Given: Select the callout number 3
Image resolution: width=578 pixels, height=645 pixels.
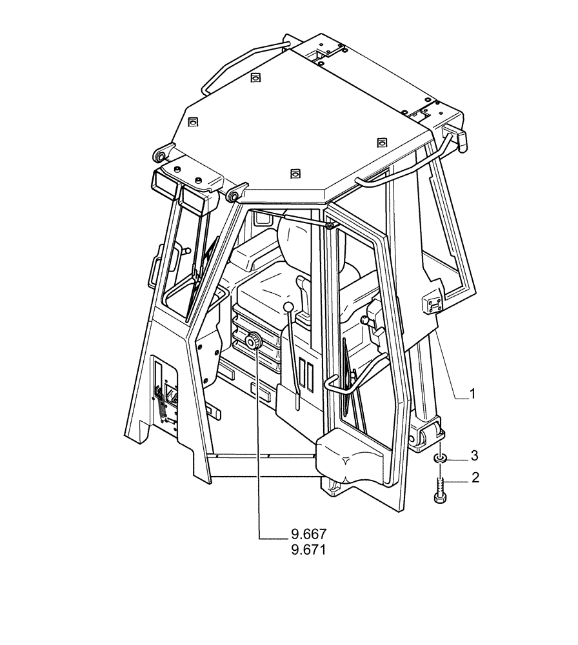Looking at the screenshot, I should [x=474, y=456].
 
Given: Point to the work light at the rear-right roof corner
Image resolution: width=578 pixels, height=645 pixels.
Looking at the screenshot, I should [x=454, y=137].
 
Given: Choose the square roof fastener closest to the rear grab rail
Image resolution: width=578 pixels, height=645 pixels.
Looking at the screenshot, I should [x=255, y=77].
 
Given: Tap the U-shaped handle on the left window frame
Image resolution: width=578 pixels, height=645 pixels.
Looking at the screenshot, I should [x=154, y=270].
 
